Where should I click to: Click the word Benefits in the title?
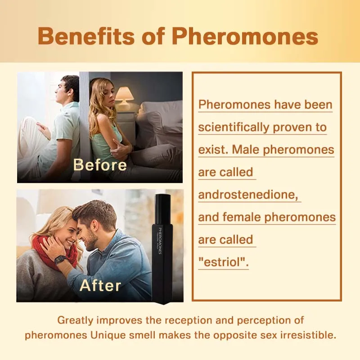pos(86,36)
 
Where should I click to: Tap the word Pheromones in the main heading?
pos(245,36)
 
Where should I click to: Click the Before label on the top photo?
pos(100,165)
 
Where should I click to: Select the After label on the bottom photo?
pos(100,285)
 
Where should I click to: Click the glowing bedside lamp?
pos(124,96)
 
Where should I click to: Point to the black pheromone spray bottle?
pos(162,249)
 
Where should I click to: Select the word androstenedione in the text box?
pos(248,195)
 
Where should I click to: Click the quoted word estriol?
pos(223,262)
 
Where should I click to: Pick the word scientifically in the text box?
pos(234,128)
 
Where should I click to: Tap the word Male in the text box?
pos(246,150)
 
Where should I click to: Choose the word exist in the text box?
pos(213,150)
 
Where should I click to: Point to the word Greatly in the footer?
pos(75,320)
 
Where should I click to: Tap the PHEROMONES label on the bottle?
pos(160,241)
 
